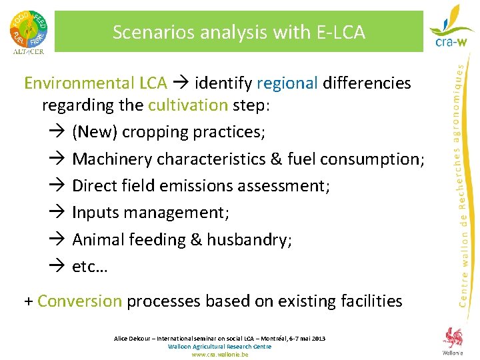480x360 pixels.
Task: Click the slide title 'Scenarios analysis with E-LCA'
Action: (239, 32)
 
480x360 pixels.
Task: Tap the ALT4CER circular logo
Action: (28, 30)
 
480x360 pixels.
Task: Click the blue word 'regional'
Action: (287, 83)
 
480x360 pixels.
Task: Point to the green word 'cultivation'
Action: (188, 105)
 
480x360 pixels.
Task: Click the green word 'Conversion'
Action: (80, 301)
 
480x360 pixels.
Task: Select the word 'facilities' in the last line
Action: (370, 301)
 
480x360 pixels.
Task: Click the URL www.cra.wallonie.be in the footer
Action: (220, 355)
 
